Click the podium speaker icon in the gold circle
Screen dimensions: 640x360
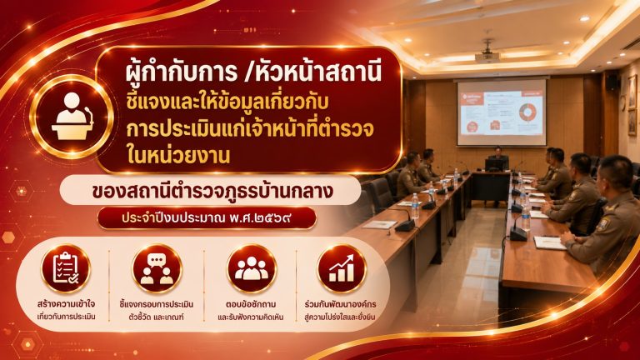coord(72,117)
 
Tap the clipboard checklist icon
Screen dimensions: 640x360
coord(66,267)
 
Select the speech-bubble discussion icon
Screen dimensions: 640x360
coord(157,268)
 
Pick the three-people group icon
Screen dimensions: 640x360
coord(252,268)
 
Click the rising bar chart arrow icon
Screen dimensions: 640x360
coord(342,268)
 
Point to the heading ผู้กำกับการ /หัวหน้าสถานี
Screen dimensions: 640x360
coord(253,72)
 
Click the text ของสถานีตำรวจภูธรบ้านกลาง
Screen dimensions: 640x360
coord(212,191)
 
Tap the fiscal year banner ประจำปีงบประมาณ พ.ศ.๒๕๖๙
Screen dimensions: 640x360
coord(207,218)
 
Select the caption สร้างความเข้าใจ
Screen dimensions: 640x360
coord(66,304)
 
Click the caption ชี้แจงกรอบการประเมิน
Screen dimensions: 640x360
coord(157,304)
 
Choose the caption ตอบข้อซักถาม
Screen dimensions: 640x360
coord(251,304)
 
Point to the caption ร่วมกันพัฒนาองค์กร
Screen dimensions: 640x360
coord(340,304)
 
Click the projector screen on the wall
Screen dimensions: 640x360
coord(501,112)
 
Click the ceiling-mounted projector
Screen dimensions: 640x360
coord(487,52)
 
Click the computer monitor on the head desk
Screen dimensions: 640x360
coord(495,164)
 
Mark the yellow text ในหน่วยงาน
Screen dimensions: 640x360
coord(179,156)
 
